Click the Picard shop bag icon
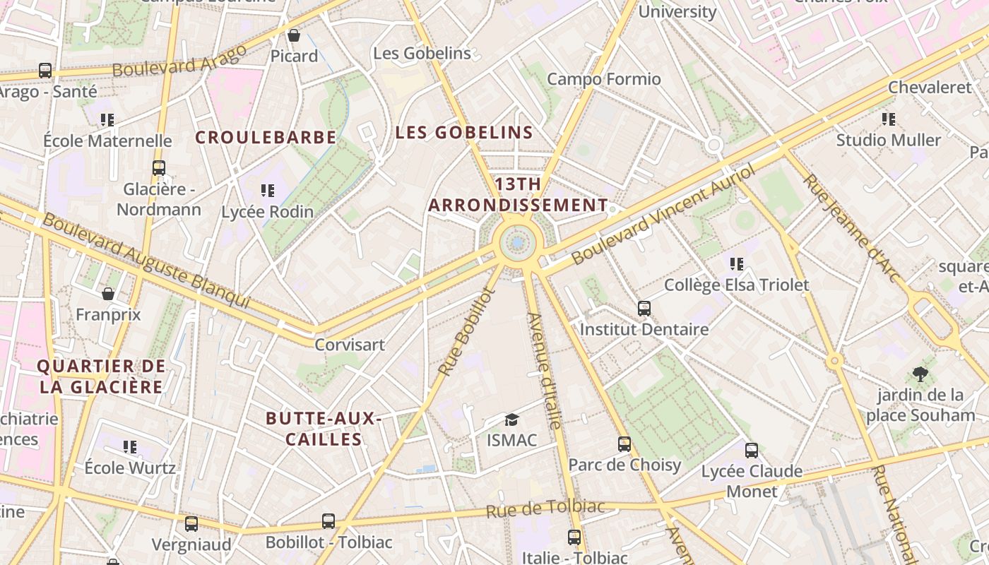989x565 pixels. [x=293, y=35]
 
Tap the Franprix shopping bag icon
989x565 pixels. [x=108, y=293]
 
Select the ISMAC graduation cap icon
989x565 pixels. [x=511, y=420]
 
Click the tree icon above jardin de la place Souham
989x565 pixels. [x=920, y=374]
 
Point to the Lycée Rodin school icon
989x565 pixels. [x=267, y=190]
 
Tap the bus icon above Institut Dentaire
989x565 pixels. [x=644, y=309]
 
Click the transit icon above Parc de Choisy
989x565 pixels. [x=624, y=444]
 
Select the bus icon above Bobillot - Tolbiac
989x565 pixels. [x=328, y=521]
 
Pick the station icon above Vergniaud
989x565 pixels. [x=191, y=523]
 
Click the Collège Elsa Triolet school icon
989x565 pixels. [x=737, y=264]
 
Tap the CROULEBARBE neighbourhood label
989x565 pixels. [x=266, y=138]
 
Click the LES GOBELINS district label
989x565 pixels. [x=464, y=133]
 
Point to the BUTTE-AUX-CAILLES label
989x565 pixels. [x=324, y=429]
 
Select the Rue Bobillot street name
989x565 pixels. [x=465, y=331]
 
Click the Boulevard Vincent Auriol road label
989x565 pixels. [x=663, y=214]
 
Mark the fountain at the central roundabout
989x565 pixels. [x=518, y=243]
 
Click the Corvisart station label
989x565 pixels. [x=350, y=345]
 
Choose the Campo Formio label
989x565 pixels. [x=604, y=79]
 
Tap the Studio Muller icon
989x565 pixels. [x=888, y=119]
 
